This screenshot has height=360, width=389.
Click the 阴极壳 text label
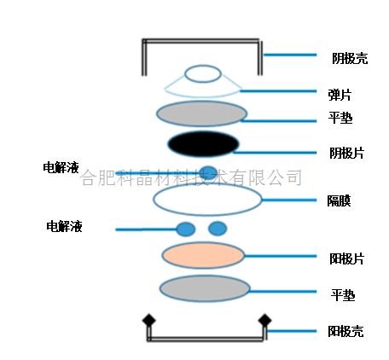(350, 58)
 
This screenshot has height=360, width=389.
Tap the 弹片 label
(340, 95)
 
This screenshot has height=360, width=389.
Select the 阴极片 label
(347, 153)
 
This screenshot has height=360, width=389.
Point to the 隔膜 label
(339, 200)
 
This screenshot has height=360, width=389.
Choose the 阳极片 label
(347, 258)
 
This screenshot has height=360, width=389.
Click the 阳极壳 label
(345, 331)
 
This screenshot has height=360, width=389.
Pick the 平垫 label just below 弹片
(340, 118)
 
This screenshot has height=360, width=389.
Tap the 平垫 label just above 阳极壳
(343, 295)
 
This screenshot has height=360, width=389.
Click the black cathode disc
(203, 143)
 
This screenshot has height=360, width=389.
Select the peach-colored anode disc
(203, 255)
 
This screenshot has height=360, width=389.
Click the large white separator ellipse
(207, 200)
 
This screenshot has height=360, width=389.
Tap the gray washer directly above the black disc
(201, 113)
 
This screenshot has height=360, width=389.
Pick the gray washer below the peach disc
(205, 288)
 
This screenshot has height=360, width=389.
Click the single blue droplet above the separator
(208, 172)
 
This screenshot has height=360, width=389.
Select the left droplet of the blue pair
(186, 229)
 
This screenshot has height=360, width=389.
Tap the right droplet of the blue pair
(218, 229)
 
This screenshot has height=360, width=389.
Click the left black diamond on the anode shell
(149, 320)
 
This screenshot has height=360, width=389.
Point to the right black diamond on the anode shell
(264, 321)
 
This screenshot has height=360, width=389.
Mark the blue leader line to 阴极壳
(290, 55)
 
